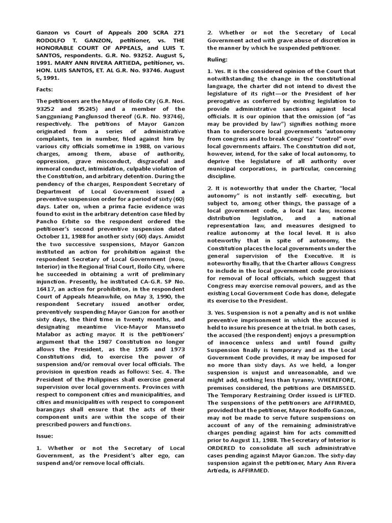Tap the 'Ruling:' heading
coord(218,59)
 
